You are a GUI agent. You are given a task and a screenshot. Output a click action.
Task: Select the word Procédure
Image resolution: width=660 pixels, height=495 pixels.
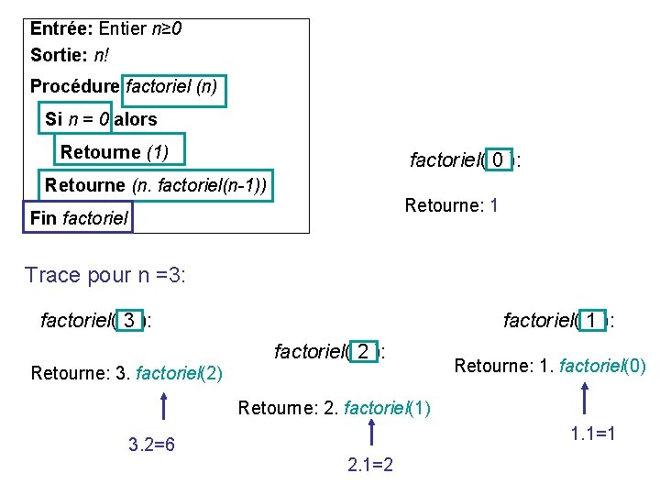click(x=74, y=87)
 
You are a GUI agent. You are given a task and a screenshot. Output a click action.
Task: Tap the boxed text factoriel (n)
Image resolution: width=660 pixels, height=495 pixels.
click(x=174, y=89)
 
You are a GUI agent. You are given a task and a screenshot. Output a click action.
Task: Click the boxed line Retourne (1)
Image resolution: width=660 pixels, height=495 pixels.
click(x=113, y=151)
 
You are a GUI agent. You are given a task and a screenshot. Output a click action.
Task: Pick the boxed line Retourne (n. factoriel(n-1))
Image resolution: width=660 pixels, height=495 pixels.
click(x=156, y=185)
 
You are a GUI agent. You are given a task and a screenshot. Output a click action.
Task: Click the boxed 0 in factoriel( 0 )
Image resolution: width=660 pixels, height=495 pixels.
click(x=497, y=160)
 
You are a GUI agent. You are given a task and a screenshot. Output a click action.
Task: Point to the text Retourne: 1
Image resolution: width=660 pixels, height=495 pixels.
click(x=451, y=205)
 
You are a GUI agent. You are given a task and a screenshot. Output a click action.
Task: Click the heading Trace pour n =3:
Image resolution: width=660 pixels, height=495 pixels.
click(x=105, y=275)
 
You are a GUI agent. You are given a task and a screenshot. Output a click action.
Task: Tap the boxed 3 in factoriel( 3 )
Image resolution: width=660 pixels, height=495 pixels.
click(x=131, y=321)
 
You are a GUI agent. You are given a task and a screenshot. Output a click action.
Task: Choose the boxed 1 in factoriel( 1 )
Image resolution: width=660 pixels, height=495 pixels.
click(x=592, y=321)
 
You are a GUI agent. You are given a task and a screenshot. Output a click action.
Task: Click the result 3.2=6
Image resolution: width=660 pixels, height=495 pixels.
click(x=151, y=445)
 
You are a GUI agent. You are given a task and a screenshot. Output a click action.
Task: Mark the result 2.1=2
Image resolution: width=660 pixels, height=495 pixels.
click(x=370, y=465)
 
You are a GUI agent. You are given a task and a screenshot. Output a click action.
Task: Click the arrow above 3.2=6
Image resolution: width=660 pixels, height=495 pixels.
click(x=163, y=408)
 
